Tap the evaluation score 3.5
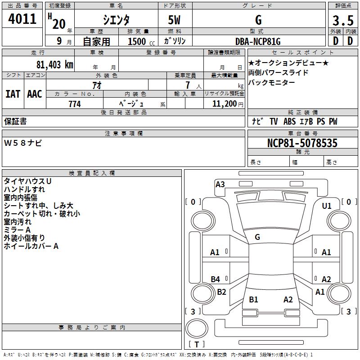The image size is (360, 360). pos(343,21)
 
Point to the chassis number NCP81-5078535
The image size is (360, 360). pos(302,143)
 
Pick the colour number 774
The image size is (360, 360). pos(75,104)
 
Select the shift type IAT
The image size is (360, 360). pos(13,94)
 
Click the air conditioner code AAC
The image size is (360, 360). pos(35,94)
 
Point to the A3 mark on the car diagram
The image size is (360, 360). pos(220,184)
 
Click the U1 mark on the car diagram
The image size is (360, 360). pos(327,206)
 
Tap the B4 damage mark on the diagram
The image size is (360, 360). pos(216,279)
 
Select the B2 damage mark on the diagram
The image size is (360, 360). pos(221,292)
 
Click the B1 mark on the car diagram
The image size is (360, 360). pos(254,300)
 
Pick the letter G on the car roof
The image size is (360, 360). pos(257,237)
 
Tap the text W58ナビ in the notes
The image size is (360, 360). pos(23,143)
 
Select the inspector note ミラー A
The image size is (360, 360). pos(17,229)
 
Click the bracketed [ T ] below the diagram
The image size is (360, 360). pos(197,344)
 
